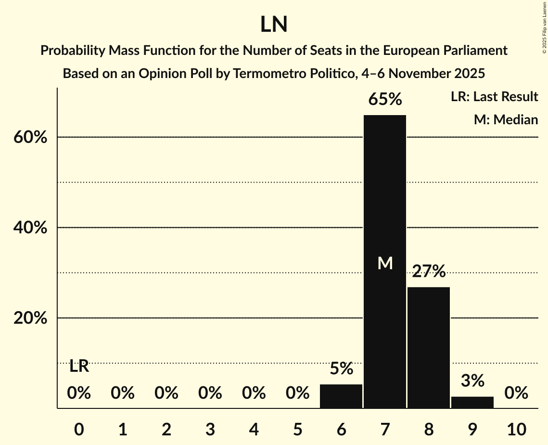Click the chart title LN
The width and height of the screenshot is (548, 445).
[274, 25]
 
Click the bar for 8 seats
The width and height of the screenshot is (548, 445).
[429, 347]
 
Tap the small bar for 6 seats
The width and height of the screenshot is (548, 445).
[341, 396]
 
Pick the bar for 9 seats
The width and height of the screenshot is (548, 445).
[472, 402]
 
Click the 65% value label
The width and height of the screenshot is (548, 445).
[385, 100]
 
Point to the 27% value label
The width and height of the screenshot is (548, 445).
[429, 272]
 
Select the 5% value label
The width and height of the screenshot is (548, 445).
[341, 369]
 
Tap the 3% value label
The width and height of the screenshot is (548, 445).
[472, 381]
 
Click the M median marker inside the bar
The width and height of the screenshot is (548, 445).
[385, 263]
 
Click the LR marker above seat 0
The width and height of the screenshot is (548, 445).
[79, 366]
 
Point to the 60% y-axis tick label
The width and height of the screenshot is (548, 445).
[30, 138]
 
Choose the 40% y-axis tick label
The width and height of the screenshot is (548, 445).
[30, 228]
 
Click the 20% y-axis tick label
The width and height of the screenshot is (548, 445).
[30, 318]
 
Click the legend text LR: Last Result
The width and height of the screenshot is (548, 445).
[494, 97]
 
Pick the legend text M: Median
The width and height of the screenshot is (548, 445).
[506, 119]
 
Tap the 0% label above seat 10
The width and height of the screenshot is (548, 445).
[516, 393]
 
